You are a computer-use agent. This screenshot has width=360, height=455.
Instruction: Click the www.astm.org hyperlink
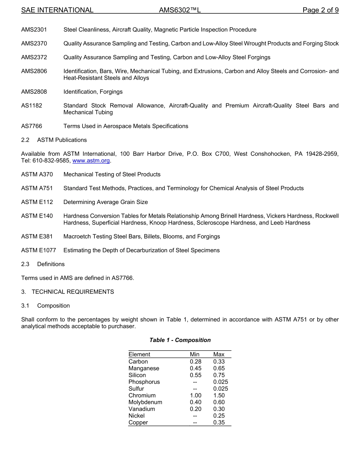coord(91,161)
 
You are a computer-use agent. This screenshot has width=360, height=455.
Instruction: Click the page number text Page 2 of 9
coord(320,10)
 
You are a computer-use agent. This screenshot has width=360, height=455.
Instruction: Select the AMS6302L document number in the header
coord(180,10)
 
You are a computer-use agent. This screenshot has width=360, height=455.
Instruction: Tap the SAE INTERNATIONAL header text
coord(57,10)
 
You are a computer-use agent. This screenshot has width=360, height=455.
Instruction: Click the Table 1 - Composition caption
coord(180,340)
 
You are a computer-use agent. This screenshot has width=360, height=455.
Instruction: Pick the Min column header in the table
coord(195,355)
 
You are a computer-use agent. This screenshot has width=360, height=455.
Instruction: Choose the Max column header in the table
coord(219,355)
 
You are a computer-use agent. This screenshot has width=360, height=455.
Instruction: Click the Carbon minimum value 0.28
coord(196,362)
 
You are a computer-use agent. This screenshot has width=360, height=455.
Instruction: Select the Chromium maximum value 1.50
coord(219,395)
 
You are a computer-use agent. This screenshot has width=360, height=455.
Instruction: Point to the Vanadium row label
coord(142,409)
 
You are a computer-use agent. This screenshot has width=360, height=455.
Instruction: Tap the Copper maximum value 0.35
coord(219,423)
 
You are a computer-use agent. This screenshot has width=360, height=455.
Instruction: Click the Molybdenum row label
coord(145,402)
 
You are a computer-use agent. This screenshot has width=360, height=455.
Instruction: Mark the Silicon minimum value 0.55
coord(196,375)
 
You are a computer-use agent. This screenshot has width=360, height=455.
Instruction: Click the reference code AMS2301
coord(34,30)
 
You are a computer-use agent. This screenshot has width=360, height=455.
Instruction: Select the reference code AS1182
coord(32,106)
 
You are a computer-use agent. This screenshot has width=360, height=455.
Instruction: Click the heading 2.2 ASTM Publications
coord(54,140)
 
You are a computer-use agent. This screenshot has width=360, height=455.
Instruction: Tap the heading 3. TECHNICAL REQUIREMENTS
coord(67,292)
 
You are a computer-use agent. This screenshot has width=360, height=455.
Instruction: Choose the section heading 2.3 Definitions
coord(43,264)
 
